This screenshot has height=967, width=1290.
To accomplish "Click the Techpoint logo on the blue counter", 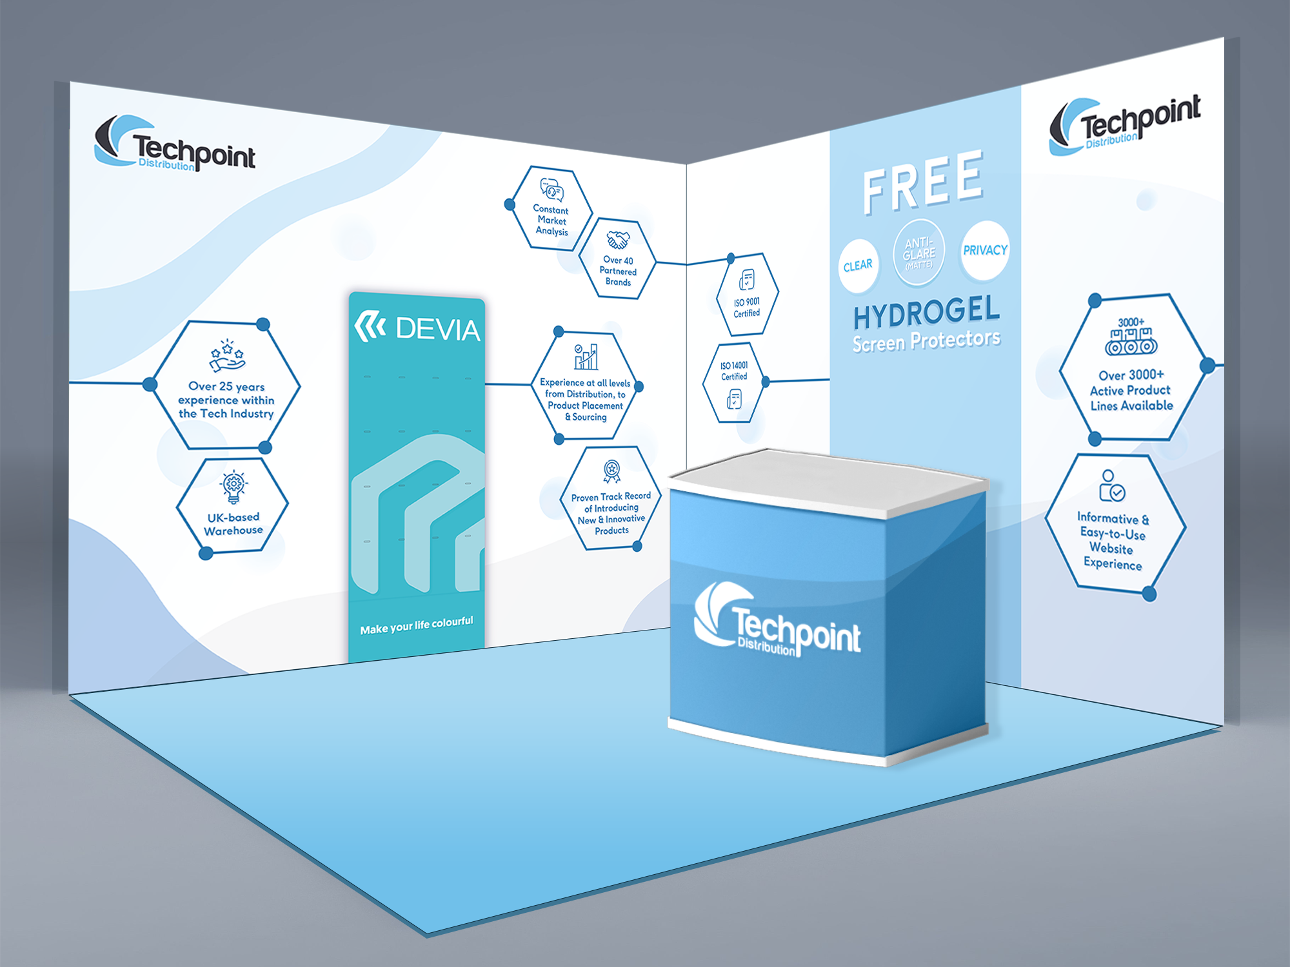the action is (x=777, y=621).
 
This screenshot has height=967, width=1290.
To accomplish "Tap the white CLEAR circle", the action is (x=858, y=266).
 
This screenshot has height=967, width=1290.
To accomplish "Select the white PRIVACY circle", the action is (x=985, y=250).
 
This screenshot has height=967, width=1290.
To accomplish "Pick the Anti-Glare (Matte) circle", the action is (x=918, y=253).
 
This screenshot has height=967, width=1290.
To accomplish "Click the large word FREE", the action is (x=923, y=182).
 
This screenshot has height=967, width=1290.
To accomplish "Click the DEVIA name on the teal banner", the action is (x=437, y=329).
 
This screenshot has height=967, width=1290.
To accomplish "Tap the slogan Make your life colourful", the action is (x=417, y=625).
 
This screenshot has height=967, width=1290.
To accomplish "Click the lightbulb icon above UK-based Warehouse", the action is (x=233, y=487).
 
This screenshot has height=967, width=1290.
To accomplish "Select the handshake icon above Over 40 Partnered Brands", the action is (x=617, y=240).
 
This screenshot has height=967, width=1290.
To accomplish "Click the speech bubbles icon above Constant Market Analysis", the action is (x=552, y=190).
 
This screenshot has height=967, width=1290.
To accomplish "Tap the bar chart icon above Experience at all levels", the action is (x=586, y=357).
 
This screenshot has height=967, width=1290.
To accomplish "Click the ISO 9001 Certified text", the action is (x=747, y=308).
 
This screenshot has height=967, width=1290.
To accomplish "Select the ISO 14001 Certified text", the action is (x=734, y=371).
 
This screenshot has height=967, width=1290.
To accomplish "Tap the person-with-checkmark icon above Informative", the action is (x=1111, y=487).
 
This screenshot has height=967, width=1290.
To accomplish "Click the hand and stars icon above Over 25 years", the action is (x=226, y=357).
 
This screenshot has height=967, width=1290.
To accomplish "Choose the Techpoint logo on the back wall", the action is (x=175, y=143).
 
